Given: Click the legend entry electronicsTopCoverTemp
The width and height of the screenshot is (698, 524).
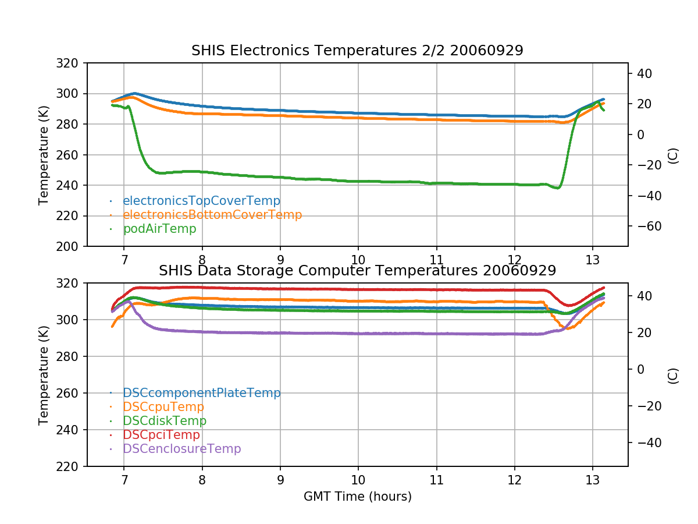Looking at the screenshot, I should (x=201, y=201).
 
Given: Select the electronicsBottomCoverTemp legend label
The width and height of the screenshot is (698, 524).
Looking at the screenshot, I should (x=212, y=215).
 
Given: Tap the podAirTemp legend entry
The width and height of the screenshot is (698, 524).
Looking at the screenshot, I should (x=159, y=229).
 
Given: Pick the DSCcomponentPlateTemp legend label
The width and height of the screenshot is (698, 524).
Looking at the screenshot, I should (x=202, y=393).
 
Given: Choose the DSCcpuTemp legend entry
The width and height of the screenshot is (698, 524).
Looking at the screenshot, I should (x=163, y=407).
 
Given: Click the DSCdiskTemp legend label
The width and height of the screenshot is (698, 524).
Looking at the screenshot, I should (x=165, y=421).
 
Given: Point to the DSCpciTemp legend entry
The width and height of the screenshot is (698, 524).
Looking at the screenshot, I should (x=161, y=435).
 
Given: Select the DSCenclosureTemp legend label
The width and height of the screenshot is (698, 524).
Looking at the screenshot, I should (x=181, y=449).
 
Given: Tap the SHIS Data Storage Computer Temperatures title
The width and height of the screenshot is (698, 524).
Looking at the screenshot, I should (x=357, y=271).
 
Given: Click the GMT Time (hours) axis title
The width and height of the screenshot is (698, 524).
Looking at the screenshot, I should (x=357, y=497).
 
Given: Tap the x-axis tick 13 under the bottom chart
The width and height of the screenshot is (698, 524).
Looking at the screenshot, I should (x=592, y=480).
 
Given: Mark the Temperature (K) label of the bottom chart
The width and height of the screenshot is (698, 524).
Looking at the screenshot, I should (x=44, y=374).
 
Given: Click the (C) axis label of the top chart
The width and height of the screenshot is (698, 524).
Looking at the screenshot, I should (x=673, y=155).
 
